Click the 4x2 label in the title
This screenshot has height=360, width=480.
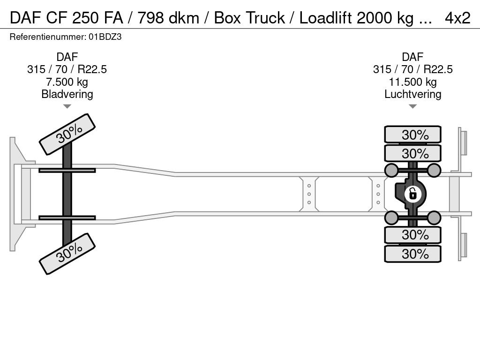click(457, 18)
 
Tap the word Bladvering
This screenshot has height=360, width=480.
click(67, 94)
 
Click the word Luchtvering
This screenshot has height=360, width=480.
click(412, 94)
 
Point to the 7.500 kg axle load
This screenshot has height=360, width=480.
click(67, 82)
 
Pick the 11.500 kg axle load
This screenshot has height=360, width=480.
click(412, 82)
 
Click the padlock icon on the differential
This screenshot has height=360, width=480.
click(412, 193)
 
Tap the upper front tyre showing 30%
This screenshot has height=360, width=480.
click(67, 135)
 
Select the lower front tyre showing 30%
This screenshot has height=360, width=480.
click(67, 253)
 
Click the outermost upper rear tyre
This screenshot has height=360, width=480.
click(412, 135)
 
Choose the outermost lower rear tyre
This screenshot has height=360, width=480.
click(412, 254)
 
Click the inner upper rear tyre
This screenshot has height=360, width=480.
click(412, 153)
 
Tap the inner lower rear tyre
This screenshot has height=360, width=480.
click(412, 234)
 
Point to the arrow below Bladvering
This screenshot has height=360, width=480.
click(67, 106)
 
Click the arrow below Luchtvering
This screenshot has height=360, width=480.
click(412, 106)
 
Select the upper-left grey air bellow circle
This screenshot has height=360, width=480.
click(391, 170)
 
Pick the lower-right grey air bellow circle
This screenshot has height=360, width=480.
click(434, 217)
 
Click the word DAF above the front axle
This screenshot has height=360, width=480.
click(67, 57)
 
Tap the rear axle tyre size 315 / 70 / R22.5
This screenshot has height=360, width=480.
click(412, 69)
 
